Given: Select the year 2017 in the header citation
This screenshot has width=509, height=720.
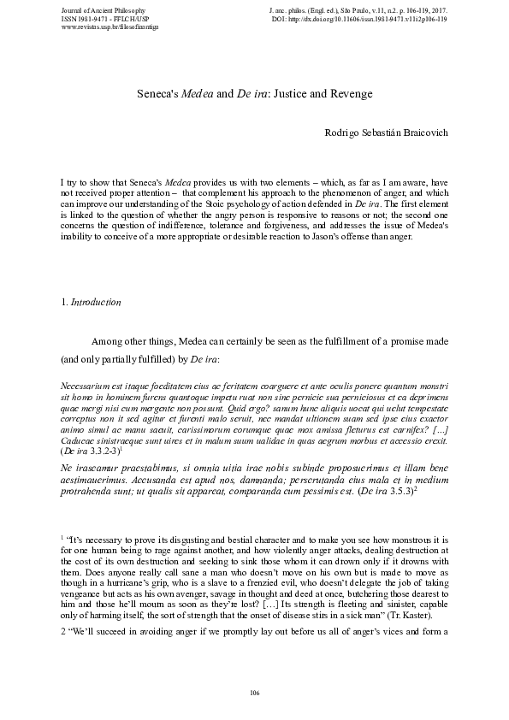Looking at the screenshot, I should pyautogui.click(x=438, y=9).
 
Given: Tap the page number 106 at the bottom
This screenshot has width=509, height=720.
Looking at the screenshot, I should pyautogui.click(x=254, y=691).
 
